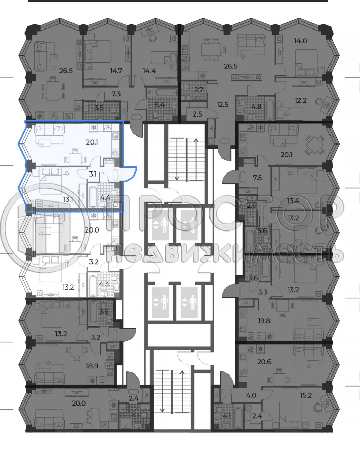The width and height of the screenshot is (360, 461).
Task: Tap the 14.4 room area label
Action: (x=149, y=71)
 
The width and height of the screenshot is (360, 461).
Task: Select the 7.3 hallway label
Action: (x=116, y=94)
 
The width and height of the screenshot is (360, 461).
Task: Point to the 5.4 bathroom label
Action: (x=159, y=105)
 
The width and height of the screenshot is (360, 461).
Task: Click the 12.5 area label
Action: (x=222, y=105)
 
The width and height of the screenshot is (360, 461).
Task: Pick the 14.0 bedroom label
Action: (x=309, y=43)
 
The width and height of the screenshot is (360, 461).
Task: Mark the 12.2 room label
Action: (x=308, y=100)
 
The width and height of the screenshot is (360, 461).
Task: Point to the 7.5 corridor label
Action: (x=257, y=178)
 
